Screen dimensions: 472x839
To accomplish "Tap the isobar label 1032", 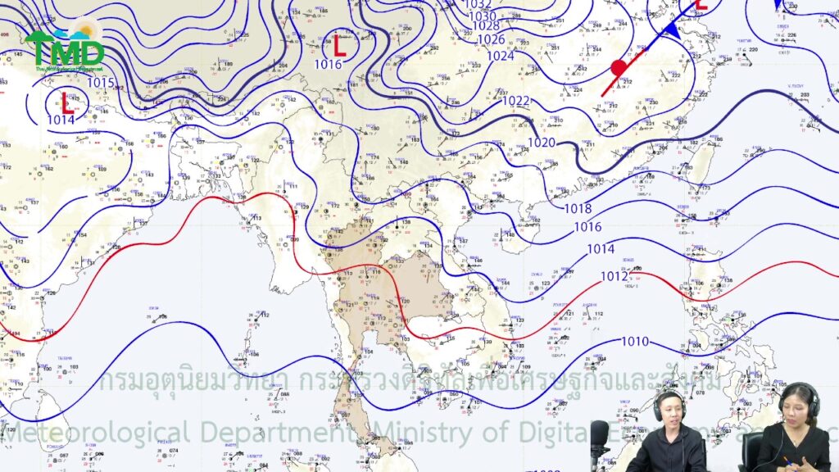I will (x=478, y=4).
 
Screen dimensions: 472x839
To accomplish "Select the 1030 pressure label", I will (x=482, y=16).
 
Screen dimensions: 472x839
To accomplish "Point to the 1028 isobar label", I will (x=486, y=27).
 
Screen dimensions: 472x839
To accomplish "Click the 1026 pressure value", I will (x=491, y=39).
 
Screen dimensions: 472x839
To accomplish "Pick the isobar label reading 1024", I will (x=500, y=56).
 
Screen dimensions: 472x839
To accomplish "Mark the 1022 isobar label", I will (x=516, y=101).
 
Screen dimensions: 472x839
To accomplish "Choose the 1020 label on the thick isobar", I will (x=541, y=143).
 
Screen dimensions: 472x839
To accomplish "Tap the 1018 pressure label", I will (x=578, y=208).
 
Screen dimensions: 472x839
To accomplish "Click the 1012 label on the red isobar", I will (x=614, y=276).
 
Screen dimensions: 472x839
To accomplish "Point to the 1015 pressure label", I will (x=100, y=83).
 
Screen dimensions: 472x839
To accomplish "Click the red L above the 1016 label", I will (x=339, y=44).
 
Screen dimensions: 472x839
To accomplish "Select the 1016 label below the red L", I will (x=328, y=65).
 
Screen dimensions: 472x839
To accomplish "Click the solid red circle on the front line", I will (x=619, y=68).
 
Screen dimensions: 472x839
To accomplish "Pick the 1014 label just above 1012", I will (x=601, y=249).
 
